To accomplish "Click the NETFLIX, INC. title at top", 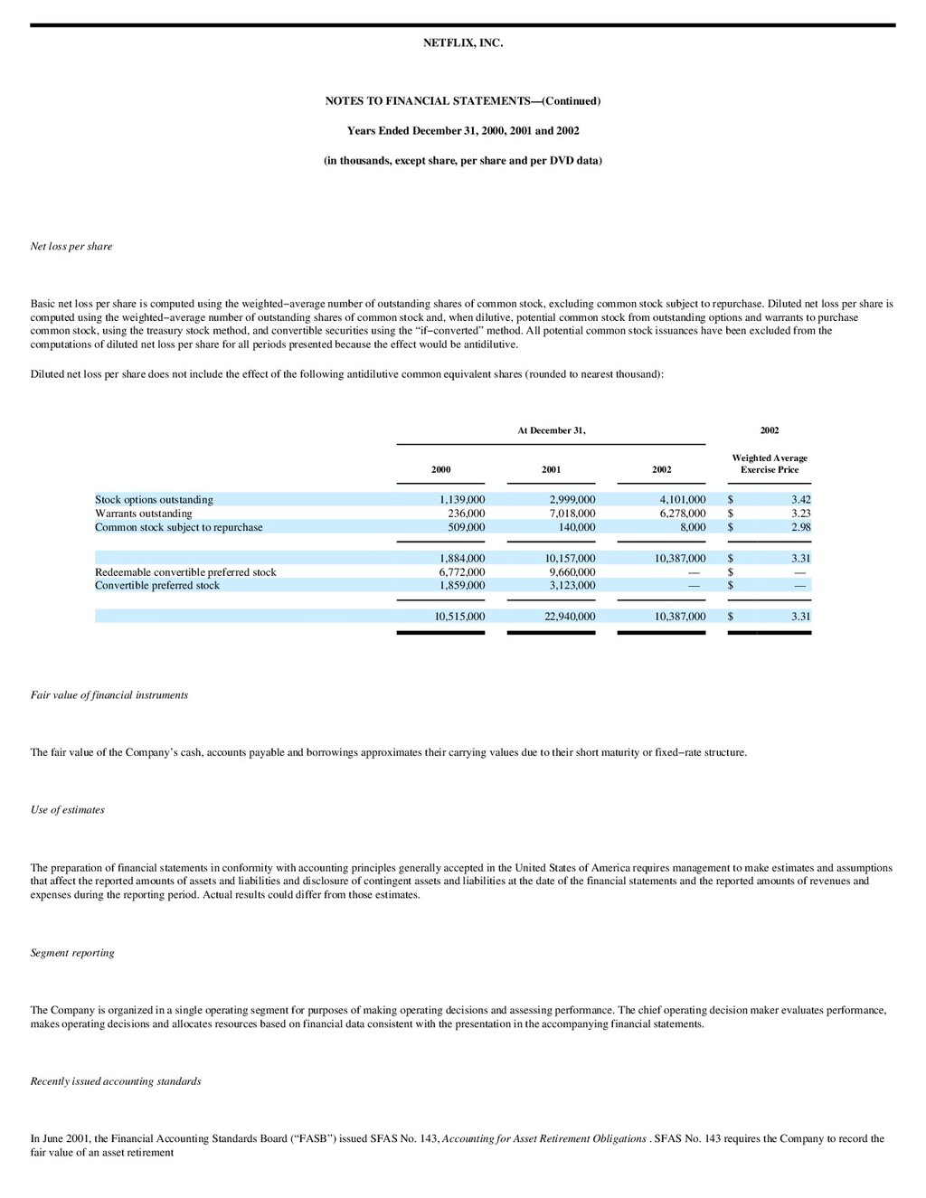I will [462, 42].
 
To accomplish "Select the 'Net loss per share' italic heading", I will [71, 246].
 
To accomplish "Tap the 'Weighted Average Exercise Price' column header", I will [770, 464].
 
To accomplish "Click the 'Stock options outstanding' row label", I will [154, 499].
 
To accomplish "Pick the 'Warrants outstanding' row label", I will [143, 514].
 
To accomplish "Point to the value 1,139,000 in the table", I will [461, 499].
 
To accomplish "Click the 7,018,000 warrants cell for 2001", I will [572, 514].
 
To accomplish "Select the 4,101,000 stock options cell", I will [682, 499].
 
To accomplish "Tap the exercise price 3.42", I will [800, 499].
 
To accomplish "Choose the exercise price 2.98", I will [800, 527].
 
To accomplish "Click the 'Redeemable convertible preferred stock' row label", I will [185, 572].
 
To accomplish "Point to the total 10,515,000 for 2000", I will [459, 617].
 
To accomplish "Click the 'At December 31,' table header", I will [551, 430].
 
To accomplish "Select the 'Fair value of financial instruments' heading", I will [109, 694].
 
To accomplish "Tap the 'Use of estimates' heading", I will [67, 809].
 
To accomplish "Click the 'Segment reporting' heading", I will [72, 952].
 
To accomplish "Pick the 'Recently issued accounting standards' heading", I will [116, 1080].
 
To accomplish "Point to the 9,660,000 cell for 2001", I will [572, 572].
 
